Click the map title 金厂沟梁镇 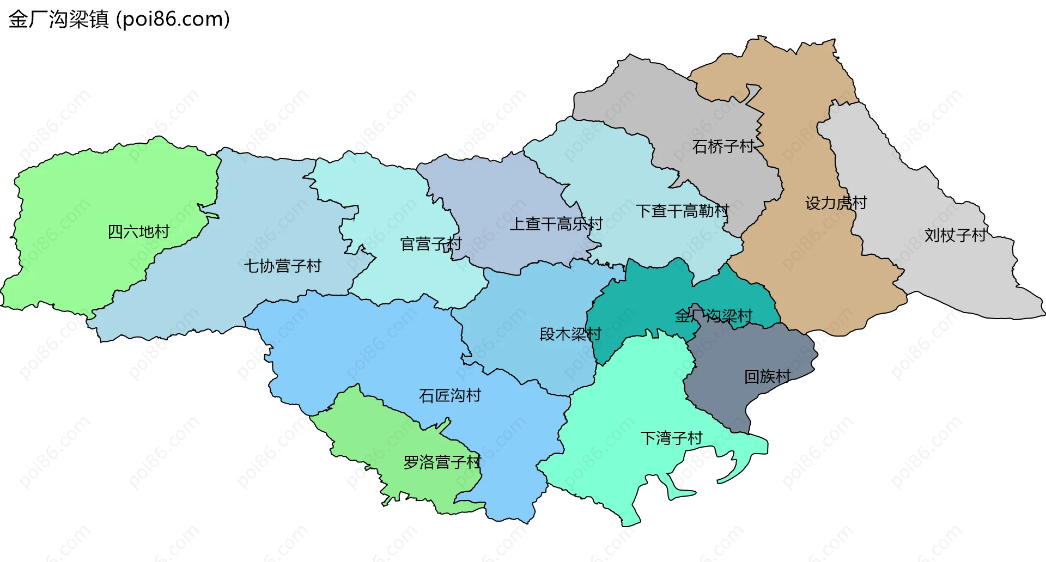pyautogui.click(x=59, y=20)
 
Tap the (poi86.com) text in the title pyautogui.click(x=173, y=20)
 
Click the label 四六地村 pyautogui.click(x=138, y=232)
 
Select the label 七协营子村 pyautogui.click(x=282, y=266)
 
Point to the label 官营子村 pyautogui.click(x=430, y=244)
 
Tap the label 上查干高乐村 pyautogui.click(x=556, y=224)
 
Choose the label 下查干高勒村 pyautogui.click(x=682, y=211)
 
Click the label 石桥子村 pyautogui.click(x=723, y=146)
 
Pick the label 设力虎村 pyautogui.click(x=836, y=203)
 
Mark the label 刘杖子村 pyautogui.click(x=955, y=235)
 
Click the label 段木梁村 pyautogui.click(x=570, y=334)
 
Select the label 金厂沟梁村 pyautogui.click(x=713, y=316)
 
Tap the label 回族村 pyautogui.click(x=767, y=376)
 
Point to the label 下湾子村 pyautogui.click(x=671, y=438)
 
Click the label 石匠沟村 pyautogui.click(x=449, y=395)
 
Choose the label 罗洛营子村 pyautogui.click(x=442, y=462)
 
